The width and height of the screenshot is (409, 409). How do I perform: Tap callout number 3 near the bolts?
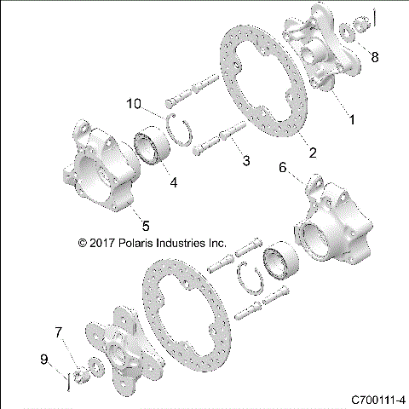click(x=245, y=161)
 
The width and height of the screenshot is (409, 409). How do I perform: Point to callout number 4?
click(x=175, y=182)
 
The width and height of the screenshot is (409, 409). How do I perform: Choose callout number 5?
click(x=146, y=225)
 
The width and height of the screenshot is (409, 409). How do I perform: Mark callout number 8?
click(x=375, y=56)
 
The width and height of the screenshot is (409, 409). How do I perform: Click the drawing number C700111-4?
click(x=377, y=399)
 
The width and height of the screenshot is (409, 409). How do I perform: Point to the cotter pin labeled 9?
click(x=66, y=377)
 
